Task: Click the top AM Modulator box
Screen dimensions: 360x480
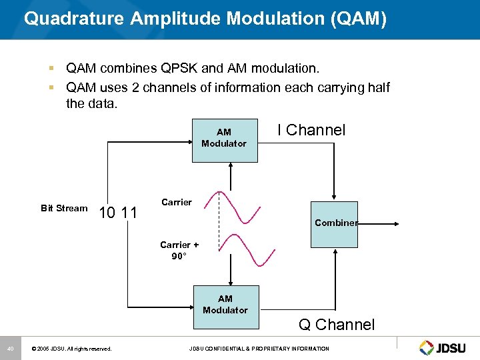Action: [224, 141]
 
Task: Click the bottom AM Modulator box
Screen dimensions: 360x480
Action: [225, 307]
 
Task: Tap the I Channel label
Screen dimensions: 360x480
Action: [311, 130]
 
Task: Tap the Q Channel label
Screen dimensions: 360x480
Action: [337, 325]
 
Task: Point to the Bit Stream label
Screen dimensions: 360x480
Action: [64, 208]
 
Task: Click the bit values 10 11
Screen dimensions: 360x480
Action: [118, 213]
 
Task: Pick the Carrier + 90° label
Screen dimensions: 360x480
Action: [179, 250]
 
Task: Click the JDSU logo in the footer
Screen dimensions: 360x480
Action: [444, 347]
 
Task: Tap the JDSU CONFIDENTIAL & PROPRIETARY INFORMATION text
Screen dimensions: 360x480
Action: [259, 349]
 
